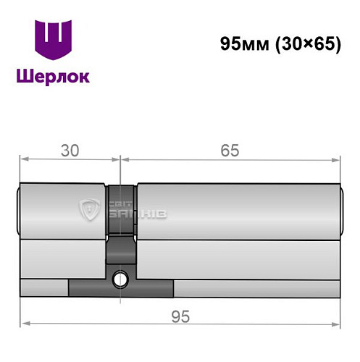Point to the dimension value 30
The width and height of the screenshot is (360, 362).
pyautogui.click(x=70, y=151)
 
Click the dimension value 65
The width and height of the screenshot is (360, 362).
pyautogui.click(x=230, y=151)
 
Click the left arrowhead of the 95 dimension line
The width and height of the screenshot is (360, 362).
pyautogui.click(x=23, y=322)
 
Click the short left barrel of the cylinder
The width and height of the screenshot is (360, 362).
pyautogui.click(x=62, y=210)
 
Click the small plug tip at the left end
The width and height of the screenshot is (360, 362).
pyautogui.click(x=17, y=211)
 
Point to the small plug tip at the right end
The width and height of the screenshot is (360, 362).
pyautogui.click(x=340, y=211)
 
